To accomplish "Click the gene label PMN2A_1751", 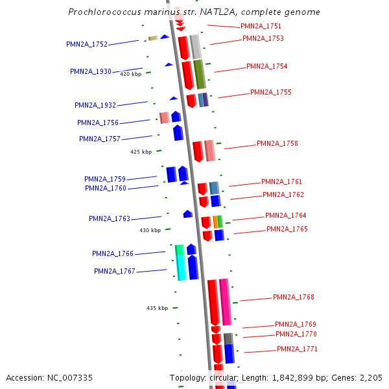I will [261, 26].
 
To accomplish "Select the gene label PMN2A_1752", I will [87, 44].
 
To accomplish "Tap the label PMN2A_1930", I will [91, 71].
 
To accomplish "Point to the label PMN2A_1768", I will [293, 297].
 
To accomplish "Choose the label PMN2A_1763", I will [110, 218].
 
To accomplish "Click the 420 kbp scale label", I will [130, 74].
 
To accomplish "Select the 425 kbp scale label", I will [141, 152].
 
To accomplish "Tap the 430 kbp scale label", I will [150, 230].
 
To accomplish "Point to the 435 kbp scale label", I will [157, 308].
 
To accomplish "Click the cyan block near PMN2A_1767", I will [182, 267].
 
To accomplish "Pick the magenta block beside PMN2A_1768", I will [225, 301].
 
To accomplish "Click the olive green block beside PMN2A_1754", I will [200, 74].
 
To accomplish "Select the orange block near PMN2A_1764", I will [215, 222].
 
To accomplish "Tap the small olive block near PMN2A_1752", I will [153, 38].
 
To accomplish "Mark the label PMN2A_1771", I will [297, 349].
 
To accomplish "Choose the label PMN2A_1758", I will [277, 143].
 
